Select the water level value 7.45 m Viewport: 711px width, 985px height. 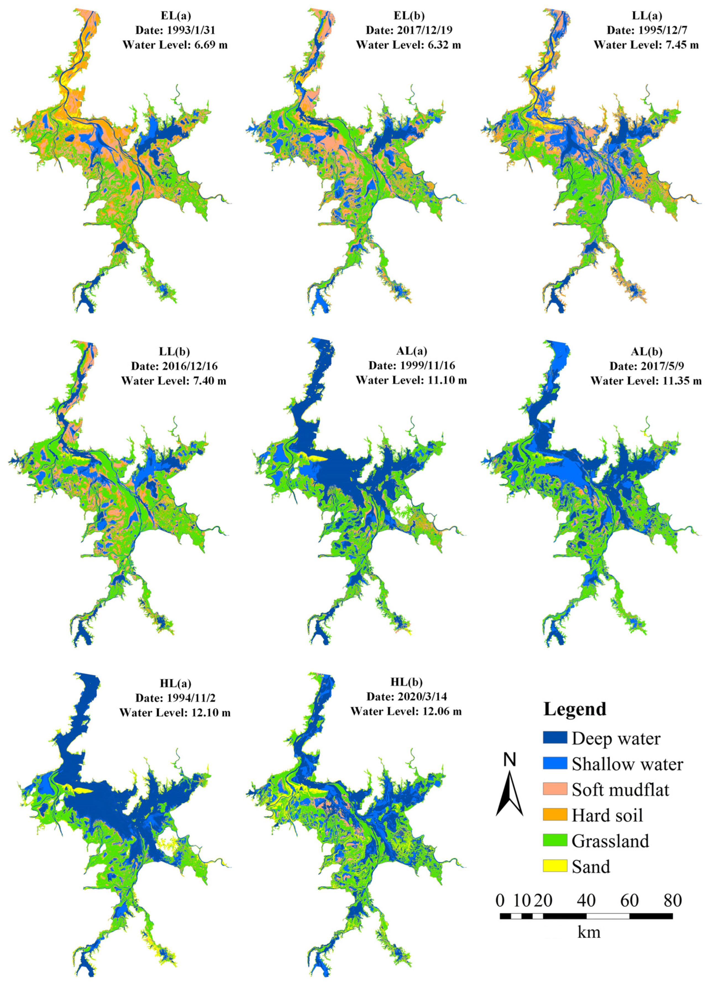click(x=669, y=45)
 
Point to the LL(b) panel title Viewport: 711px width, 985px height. click(x=174, y=351)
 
